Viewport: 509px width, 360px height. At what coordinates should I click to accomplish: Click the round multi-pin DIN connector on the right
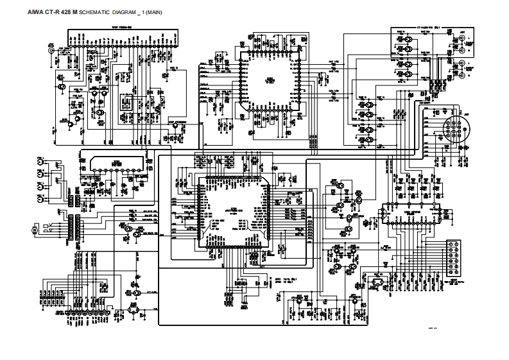coord(456,128)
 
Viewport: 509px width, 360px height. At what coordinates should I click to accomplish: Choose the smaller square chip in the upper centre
coord(270,80)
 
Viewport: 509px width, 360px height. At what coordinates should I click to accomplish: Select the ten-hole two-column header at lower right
coord(453,257)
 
